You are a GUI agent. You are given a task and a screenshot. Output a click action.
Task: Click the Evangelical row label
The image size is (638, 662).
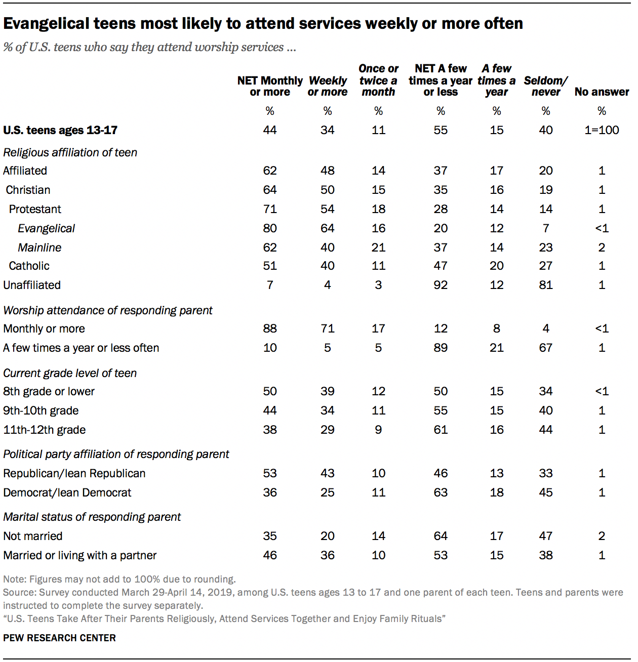46,229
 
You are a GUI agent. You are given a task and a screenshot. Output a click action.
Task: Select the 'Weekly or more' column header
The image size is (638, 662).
328,86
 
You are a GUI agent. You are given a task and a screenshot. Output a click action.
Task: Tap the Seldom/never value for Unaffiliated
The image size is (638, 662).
546,285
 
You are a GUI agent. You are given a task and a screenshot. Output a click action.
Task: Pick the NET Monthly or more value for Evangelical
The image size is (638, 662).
270,229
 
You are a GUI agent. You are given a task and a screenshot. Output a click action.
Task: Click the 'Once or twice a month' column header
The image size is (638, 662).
378,80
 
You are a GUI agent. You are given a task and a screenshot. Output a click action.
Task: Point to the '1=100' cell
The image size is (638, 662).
602,131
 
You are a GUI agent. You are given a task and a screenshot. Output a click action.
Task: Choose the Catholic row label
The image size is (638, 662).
29,266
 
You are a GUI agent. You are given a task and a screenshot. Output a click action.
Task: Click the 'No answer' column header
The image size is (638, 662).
602,92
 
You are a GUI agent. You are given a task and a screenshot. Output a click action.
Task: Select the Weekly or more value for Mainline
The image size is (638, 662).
328,248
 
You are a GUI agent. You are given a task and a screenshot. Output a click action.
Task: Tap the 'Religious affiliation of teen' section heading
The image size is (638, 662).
70,153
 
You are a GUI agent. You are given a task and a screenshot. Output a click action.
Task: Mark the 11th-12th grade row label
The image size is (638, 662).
45,430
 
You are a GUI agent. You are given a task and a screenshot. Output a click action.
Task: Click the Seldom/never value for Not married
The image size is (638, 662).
546,536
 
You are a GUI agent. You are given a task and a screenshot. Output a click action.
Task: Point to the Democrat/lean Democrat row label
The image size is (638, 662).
67,493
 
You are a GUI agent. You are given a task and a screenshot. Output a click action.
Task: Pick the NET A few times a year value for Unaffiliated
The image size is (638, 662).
441,285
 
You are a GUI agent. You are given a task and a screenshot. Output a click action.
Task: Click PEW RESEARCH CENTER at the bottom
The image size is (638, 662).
60,638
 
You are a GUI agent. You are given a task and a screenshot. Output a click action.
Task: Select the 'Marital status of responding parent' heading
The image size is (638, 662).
92,517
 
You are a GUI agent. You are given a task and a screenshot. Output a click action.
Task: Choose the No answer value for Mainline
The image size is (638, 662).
602,248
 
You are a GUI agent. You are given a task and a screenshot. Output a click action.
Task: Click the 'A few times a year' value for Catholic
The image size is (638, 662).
497,266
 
